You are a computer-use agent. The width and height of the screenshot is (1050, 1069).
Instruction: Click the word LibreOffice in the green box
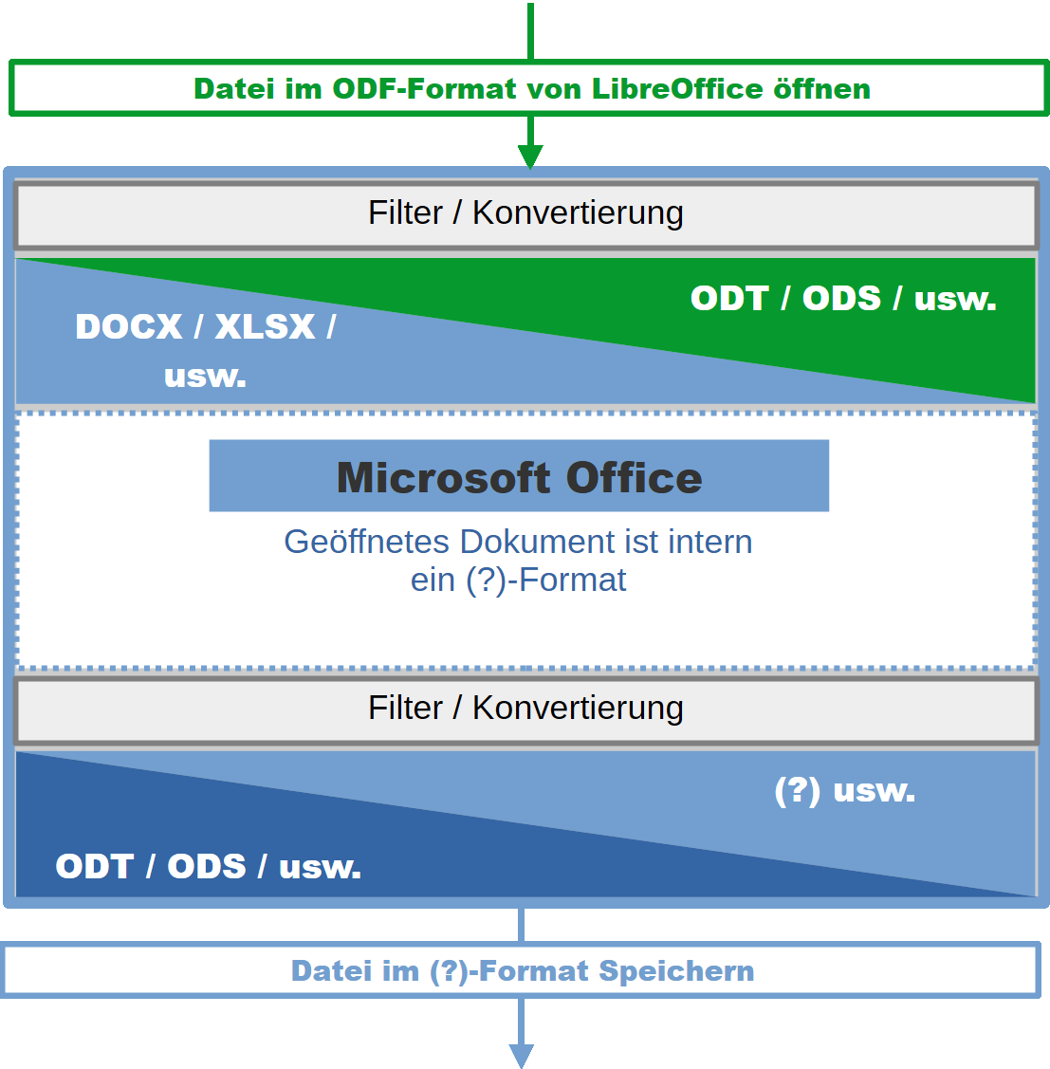point(677,88)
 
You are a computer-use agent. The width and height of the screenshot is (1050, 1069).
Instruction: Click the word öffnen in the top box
point(821,88)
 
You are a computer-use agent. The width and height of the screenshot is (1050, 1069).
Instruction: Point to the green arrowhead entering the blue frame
point(530,156)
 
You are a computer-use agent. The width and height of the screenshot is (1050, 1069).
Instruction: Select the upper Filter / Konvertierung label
point(525,212)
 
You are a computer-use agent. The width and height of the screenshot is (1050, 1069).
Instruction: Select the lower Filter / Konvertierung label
point(525,708)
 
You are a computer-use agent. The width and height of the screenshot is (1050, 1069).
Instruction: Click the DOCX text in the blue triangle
point(129,326)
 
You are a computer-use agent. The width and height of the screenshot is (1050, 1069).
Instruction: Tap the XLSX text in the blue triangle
point(266,326)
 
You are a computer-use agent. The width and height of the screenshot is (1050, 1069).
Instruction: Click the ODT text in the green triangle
point(729,298)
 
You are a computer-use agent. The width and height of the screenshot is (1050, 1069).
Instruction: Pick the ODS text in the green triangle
point(842,298)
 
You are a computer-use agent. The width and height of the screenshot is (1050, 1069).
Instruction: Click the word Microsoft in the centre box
point(443,477)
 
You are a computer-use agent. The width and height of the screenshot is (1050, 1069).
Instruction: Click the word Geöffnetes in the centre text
point(367,542)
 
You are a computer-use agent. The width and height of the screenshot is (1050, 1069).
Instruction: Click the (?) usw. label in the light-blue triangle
point(844,790)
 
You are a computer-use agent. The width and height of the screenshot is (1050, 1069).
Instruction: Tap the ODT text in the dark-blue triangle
point(94,866)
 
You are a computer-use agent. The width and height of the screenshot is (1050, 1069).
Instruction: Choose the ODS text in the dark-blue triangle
point(207,866)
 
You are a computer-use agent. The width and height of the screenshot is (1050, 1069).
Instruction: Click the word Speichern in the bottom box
point(676,970)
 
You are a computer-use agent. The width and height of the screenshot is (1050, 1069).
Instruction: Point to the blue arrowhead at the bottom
point(522,1055)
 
